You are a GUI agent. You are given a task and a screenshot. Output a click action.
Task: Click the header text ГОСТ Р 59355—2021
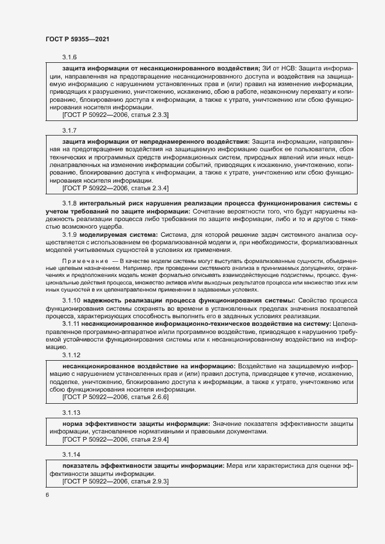[x=77, y=38]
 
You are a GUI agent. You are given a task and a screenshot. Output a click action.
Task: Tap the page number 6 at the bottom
[x=47, y=495]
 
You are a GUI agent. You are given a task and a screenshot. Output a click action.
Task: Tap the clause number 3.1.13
[x=71, y=412]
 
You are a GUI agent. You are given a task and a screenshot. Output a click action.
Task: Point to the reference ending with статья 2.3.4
[x=115, y=189]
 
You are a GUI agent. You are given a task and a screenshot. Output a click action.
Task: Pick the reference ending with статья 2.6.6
[x=115, y=397]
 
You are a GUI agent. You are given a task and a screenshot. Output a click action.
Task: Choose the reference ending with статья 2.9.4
[x=115, y=440]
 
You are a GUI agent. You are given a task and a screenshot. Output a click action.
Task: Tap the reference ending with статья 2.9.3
[x=115, y=482]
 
